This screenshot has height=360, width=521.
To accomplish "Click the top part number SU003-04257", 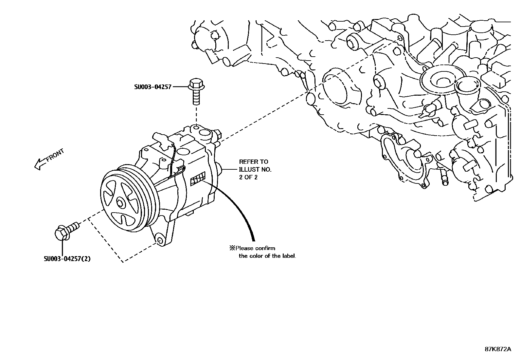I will (x=153, y=87).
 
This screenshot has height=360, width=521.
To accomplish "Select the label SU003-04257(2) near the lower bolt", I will (x=67, y=259).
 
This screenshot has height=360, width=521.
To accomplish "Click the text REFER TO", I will (x=253, y=161).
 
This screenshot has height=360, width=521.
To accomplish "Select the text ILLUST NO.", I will (x=255, y=170).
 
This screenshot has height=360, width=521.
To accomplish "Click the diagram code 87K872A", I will (x=498, y=349).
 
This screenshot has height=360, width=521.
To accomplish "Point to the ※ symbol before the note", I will (x=232, y=248).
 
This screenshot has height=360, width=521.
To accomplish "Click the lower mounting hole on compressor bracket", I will (x=160, y=241).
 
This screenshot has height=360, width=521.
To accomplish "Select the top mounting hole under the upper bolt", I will (x=196, y=127).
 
